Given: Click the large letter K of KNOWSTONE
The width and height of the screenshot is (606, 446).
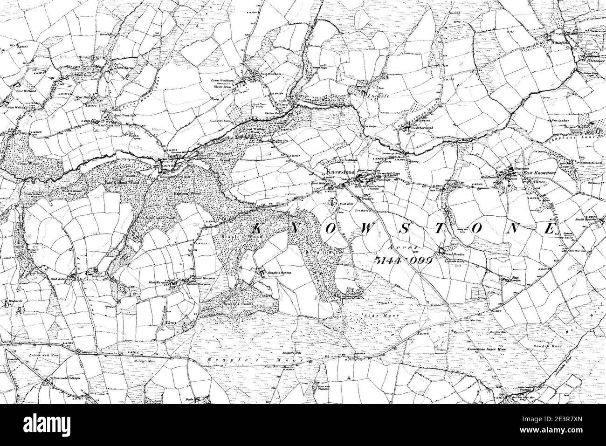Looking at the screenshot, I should coord(261,228).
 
